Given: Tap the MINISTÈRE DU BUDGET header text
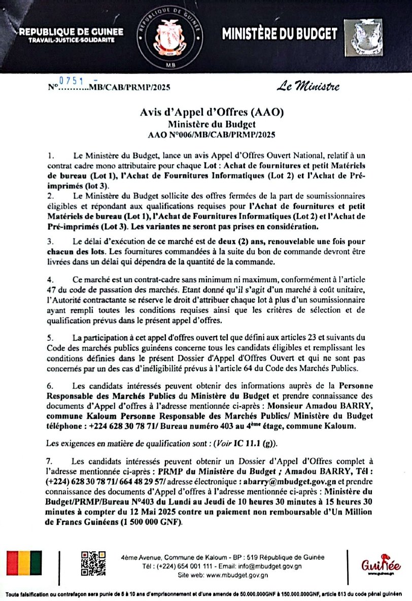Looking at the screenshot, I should click(x=280, y=34).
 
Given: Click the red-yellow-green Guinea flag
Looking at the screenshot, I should click(x=24, y=563).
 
